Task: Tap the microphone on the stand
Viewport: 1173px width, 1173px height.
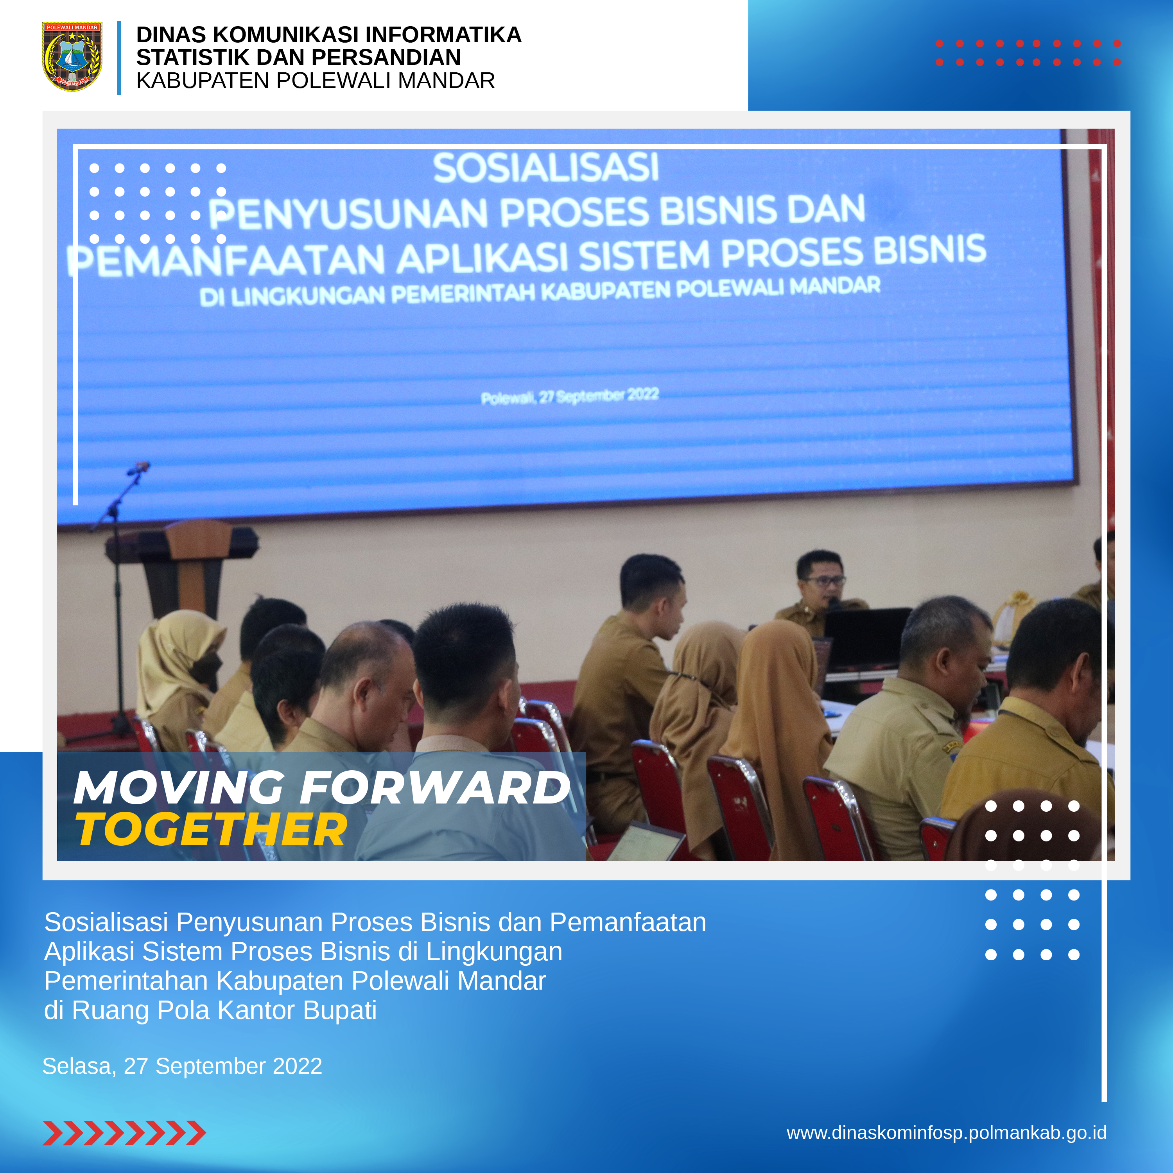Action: tap(140, 468)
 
